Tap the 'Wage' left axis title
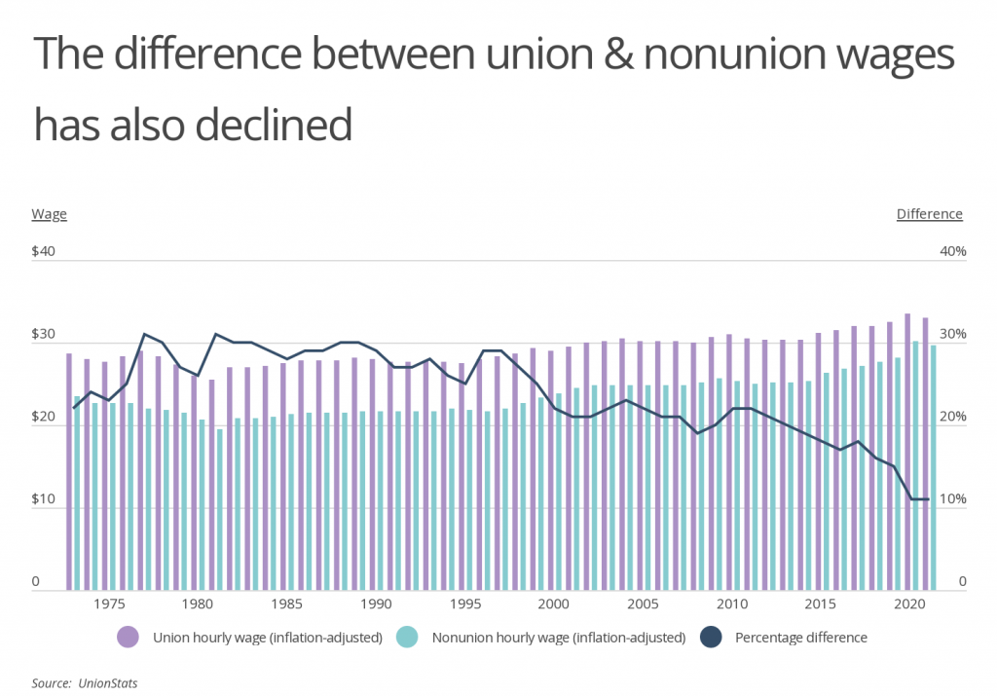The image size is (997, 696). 49,214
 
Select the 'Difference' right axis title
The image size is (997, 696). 929,214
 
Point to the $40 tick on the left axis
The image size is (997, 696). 44,252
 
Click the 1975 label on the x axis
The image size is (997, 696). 108,604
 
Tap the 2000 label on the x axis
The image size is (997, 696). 553,604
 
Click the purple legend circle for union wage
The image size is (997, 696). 129,639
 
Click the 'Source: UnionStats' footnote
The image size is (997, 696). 85,683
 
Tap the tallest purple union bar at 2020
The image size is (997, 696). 907,452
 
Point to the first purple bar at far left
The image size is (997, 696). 69,471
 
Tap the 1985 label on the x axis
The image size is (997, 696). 286,604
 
